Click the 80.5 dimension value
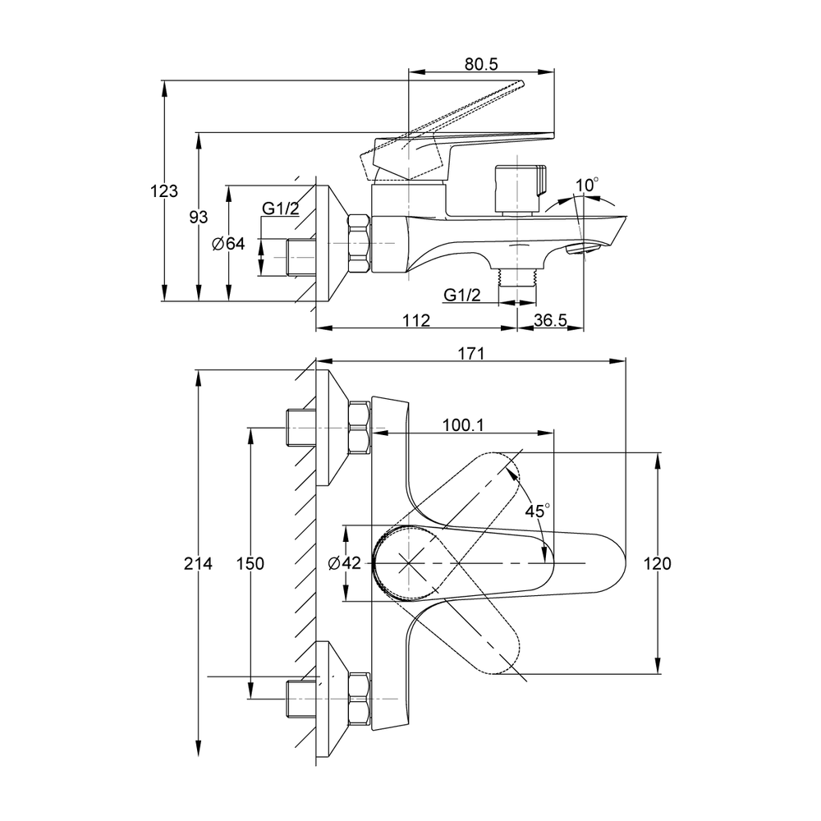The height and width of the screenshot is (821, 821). tap(481, 62)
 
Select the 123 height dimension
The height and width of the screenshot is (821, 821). tap(164, 191)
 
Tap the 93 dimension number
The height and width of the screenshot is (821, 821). tap(199, 216)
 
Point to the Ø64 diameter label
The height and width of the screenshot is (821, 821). tap(229, 244)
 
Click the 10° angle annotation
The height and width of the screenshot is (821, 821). tap(587, 186)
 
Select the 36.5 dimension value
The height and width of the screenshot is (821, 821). tap(550, 321)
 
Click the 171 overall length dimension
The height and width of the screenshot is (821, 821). tap(470, 354)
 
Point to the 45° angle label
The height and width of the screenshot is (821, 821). tap(537, 511)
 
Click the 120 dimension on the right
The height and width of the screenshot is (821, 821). tap(658, 563)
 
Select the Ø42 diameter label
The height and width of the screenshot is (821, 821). tap(345, 563)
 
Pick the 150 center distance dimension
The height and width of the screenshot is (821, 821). tap(250, 563)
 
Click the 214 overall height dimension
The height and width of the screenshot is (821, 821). tap(199, 563)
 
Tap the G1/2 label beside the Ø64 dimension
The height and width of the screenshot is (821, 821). tap(281, 209)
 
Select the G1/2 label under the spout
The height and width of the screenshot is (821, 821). tap(462, 295)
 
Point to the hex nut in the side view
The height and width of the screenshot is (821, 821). tap(360, 244)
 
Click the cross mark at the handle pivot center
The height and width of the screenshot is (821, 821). tap(409, 563)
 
